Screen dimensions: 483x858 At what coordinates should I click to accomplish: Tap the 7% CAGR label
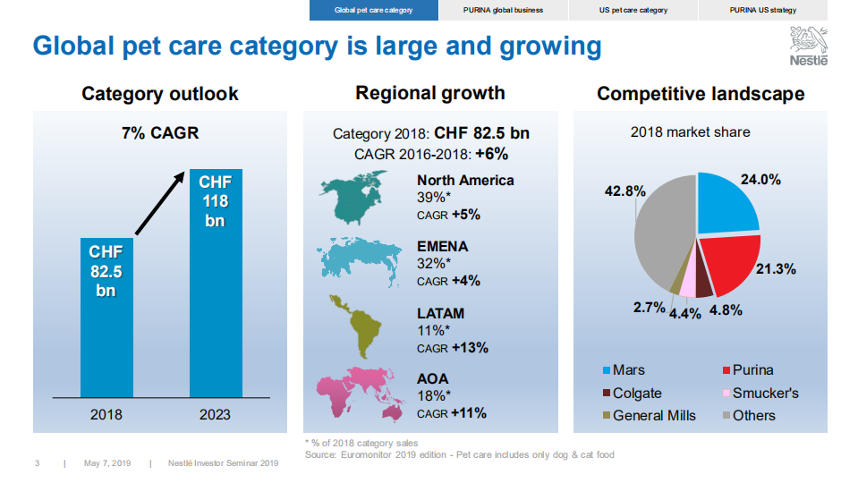[x=160, y=134]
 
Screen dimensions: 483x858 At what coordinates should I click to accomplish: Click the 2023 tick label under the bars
[x=215, y=414]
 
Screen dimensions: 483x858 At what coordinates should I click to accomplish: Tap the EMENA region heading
[x=442, y=247]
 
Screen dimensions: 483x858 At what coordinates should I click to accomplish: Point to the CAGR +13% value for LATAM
[x=453, y=348]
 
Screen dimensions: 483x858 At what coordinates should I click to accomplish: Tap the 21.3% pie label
[x=776, y=268]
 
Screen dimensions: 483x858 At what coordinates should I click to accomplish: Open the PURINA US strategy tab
[x=762, y=10]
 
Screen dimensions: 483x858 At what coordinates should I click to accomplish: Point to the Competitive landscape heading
[x=701, y=94]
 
